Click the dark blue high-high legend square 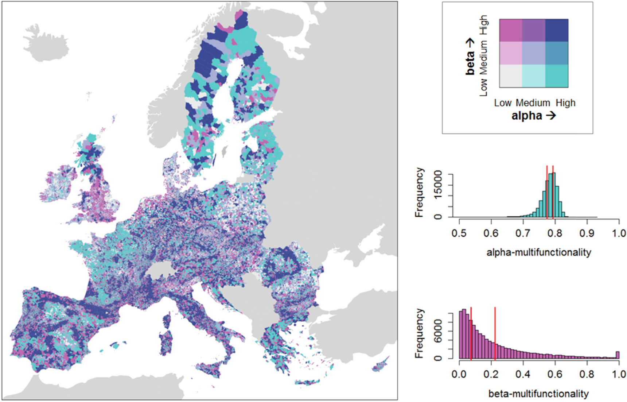click(x=557, y=30)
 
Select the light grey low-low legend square click(x=511, y=76)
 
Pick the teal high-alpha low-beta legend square click(x=557, y=76)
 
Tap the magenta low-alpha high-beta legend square click(x=511, y=30)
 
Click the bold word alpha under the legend click(x=527, y=116)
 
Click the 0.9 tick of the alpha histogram click(x=587, y=233)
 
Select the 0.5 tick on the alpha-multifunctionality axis click(x=459, y=233)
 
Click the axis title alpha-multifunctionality click(x=538, y=252)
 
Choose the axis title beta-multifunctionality click(x=538, y=394)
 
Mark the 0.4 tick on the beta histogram click(x=523, y=374)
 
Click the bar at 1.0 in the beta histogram click(x=618, y=355)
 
